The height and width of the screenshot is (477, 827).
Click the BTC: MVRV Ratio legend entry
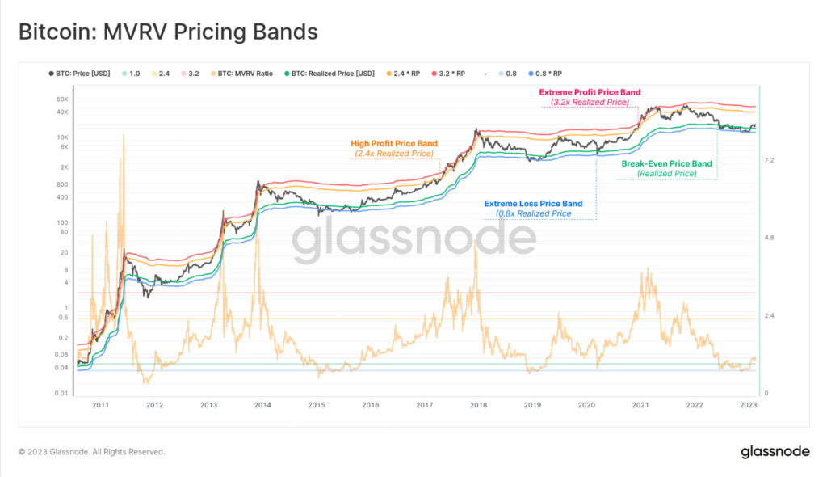[244, 74]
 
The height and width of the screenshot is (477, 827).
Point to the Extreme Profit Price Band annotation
[589, 92]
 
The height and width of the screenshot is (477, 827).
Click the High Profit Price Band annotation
[393, 143]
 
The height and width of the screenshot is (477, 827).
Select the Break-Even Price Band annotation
[666, 163]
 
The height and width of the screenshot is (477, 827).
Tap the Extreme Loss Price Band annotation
[533, 204]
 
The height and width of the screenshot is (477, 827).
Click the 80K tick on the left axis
[61, 99]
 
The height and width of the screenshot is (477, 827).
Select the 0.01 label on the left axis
[60, 394]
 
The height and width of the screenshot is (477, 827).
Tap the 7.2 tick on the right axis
[769, 161]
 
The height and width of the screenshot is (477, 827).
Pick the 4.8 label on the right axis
[769, 238]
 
